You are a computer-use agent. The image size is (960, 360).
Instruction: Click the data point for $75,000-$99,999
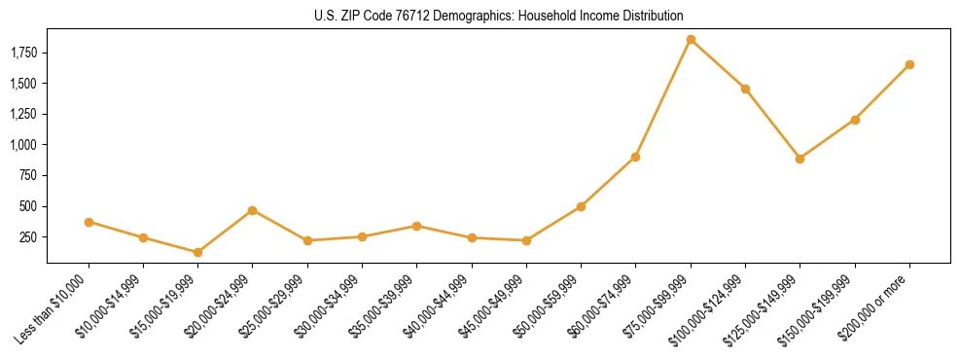click(x=691, y=40)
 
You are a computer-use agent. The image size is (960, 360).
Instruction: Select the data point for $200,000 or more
click(x=909, y=64)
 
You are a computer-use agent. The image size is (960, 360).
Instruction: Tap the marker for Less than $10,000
click(x=89, y=222)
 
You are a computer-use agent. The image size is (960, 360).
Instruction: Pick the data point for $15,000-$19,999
click(x=198, y=252)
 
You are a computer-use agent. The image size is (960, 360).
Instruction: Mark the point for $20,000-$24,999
click(x=253, y=210)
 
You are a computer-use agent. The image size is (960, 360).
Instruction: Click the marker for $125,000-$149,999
click(x=800, y=159)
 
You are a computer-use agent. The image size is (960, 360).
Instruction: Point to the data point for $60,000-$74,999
click(x=635, y=157)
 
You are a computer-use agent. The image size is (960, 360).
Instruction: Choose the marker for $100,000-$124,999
click(x=745, y=89)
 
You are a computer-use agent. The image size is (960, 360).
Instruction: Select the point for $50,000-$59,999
click(x=581, y=206)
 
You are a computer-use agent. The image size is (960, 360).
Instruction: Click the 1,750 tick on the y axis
click(x=22, y=53)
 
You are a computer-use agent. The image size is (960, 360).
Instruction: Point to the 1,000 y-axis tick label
click(x=22, y=145)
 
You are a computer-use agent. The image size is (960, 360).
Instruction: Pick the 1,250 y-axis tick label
click(x=22, y=114)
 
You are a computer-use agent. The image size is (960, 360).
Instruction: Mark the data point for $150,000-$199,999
click(x=855, y=120)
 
